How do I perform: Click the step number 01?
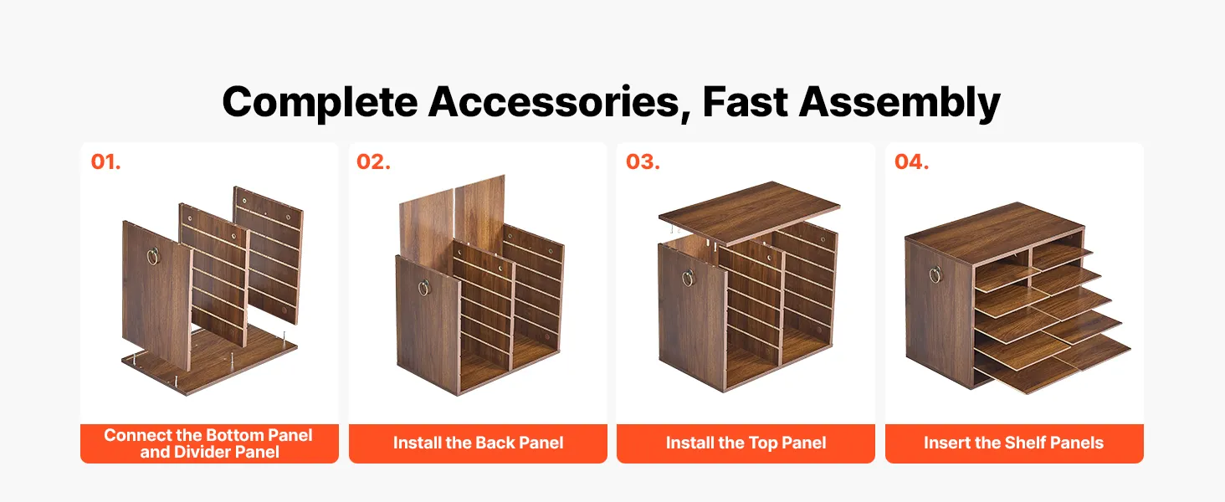(x=105, y=161)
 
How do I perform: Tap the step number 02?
(x=373, y=161)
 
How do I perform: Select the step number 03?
(x=643, y=161)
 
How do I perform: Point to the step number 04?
(x=912, y=161)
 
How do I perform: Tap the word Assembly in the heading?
(x=900, y=103)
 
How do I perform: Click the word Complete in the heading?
(x=320, y=103)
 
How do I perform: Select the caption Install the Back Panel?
(x=478, y=443)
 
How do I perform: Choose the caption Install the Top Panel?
(x=746, y=443)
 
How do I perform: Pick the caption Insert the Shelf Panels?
(x=1014, y=443)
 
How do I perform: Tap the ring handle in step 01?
(x=154, y=256)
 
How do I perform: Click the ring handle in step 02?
(x=424, y=288)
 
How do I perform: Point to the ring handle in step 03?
(x=688, y=278)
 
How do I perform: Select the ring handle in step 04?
(x=935, y=274)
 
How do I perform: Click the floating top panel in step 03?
(x=749, y=213)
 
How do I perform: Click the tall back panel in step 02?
(x=454, y=218)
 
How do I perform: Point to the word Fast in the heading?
(x=745, y=102)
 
